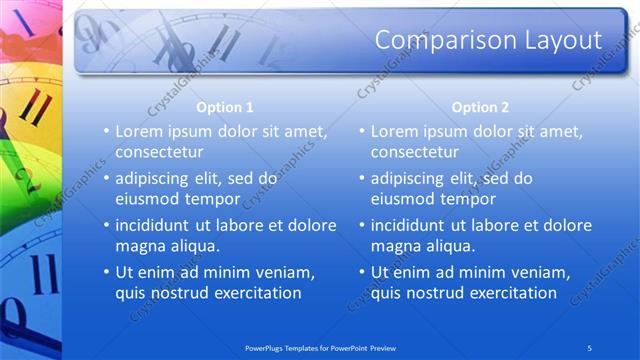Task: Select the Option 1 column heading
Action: [225, 107]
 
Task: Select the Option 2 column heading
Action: [480, 107]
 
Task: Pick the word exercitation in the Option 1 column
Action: [254, 293]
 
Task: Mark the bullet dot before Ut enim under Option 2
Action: [361, 272]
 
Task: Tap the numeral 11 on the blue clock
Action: [40, 275]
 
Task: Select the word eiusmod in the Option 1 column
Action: [149, 199]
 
